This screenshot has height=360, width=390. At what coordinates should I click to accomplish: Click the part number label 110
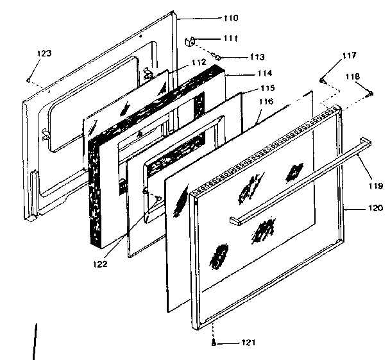tap(212, 17)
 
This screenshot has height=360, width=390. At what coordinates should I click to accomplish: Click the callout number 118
tap(353, 76)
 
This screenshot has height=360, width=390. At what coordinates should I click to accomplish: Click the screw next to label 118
tap(371, 95)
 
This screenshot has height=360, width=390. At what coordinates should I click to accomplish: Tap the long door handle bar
tap(301, 180)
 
